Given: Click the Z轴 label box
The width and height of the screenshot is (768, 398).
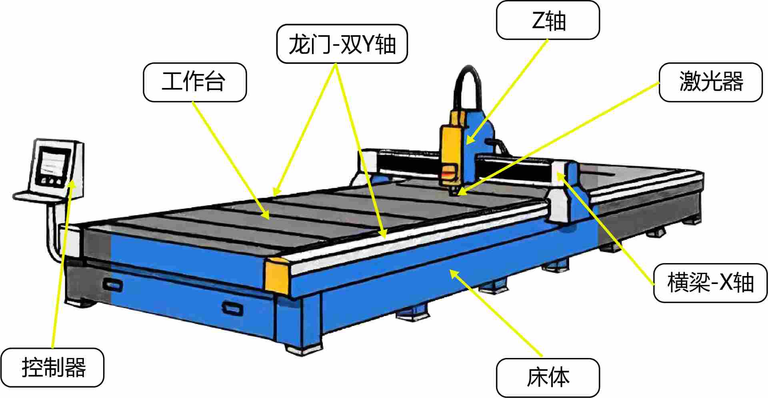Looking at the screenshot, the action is click(x=548, y=20).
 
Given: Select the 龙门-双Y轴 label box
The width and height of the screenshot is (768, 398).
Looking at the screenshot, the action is click(x=342, y=44).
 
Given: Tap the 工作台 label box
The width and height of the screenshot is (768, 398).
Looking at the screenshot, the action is click(x=195, y=82).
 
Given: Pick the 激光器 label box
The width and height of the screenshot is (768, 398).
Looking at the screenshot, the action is click(x=710, y=82).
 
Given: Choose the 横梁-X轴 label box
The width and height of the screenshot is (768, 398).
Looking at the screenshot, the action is click(x=710, y=283).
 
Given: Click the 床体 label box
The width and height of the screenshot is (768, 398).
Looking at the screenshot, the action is click(x=548, y=378).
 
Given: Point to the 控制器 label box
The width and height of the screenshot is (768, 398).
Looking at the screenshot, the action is click(x=52, y=368).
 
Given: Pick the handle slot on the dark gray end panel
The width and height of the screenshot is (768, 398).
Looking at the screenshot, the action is click(x=113, y=285).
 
